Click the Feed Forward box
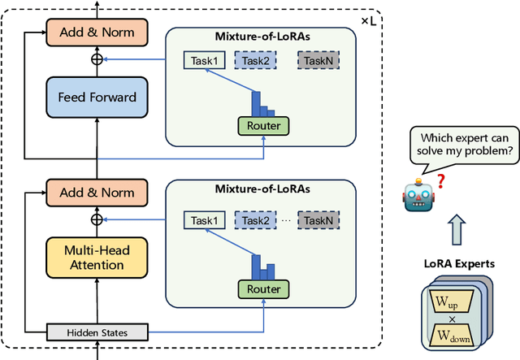point(97,97)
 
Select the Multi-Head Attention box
point(97,257)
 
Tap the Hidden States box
point(97,332)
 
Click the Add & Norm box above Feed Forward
point(97,33)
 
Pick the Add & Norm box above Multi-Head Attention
point(97,193)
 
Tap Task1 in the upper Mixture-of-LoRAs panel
point(204,59)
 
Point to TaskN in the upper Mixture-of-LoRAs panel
point(318,59)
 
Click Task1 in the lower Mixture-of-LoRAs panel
point(204,220)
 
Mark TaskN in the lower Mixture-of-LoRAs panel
point(318,220)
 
